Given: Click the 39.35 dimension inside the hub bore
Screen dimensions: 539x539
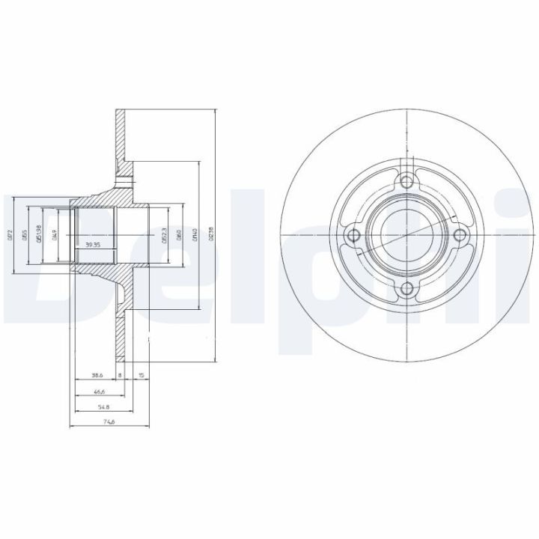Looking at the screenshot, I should [93, 245].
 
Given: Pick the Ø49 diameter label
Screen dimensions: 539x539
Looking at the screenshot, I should [55, 235].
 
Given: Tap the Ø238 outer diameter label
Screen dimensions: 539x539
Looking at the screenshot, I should [212, 235].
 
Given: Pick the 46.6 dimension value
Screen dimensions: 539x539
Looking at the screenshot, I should [99, 391].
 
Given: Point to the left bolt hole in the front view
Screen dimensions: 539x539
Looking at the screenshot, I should [350, 236].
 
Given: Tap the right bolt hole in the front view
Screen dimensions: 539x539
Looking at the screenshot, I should [460, 236].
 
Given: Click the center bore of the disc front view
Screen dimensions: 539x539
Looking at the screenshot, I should [405, 236].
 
